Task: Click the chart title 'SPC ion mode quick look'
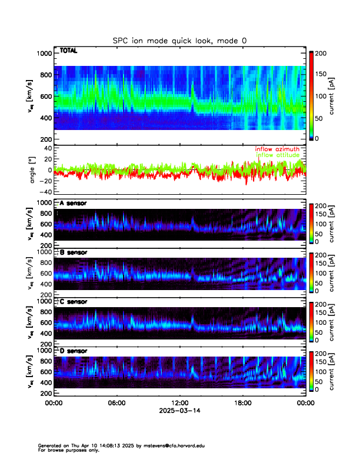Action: [x=181, y=41]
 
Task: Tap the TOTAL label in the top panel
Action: [x=68, y=51]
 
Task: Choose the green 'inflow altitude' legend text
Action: [x=278, y=155]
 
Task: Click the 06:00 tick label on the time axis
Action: [x=116, y=403]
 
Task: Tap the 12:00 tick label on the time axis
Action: [x=179, y=403]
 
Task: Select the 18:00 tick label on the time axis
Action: [x=242, y=403]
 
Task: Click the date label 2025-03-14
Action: [x=179, y=411]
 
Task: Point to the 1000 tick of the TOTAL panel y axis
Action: [x=45, y=54]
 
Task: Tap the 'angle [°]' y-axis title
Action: [x=33, y=170]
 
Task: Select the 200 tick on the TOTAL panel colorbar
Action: [x=321, y=54]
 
